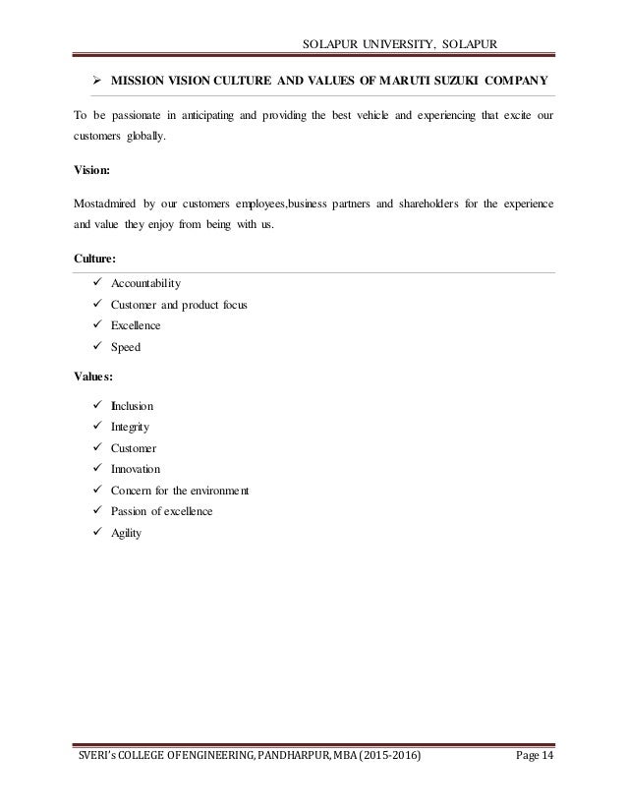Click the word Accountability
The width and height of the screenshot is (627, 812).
coord(140,283)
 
